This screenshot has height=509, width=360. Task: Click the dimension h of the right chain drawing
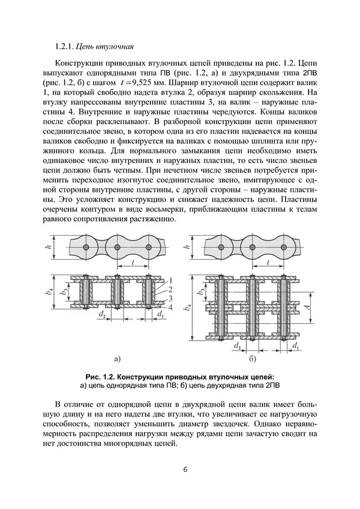[x=187, y=247]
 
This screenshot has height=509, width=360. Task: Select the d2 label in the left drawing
[x=103, y=314]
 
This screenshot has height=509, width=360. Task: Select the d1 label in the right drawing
[x=295, y=346]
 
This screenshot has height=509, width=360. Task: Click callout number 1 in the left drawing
[x=170, y=281]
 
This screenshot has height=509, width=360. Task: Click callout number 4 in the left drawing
[x=170, y=307]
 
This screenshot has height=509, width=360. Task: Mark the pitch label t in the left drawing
[x=131, y=261]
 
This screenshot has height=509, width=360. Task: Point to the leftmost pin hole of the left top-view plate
[x=87, y=247]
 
